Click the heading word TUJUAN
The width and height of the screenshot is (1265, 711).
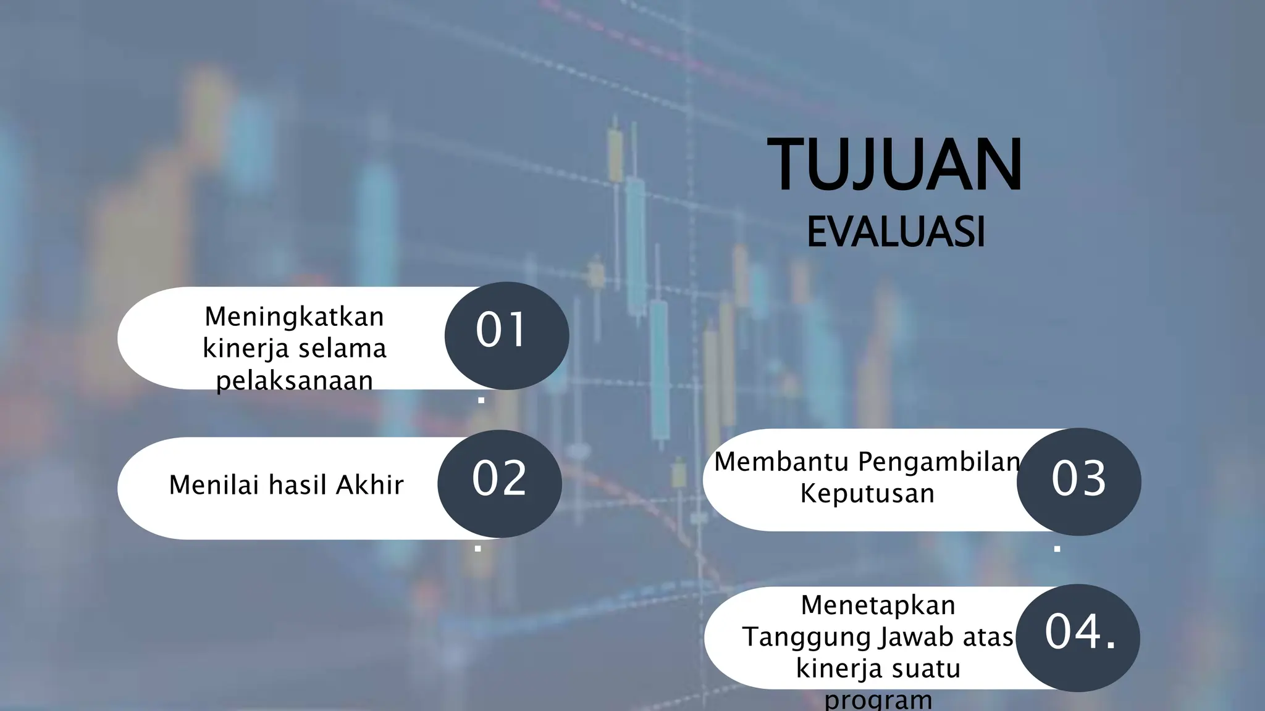(x=894, y=165)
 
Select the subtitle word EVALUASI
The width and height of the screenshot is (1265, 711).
(x=896, y=233)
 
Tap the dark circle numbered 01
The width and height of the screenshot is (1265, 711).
(x=506, y=335)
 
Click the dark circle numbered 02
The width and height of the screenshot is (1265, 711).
(x=499, y=483)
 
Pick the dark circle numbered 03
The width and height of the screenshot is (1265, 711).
(x=1078, y=481)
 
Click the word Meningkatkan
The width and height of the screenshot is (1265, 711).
(x=294, y=317)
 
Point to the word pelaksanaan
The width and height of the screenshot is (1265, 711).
(x=294, y=381)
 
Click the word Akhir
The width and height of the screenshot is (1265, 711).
(x=369, y=485)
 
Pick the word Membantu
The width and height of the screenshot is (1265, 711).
(x=781, y=462)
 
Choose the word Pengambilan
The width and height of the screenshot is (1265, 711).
(x=939, y=462)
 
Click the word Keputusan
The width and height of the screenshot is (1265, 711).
(x=867, y=494)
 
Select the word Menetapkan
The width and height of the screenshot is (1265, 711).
(x=878, y=605)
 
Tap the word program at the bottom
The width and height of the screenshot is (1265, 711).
(x=878, y=700)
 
